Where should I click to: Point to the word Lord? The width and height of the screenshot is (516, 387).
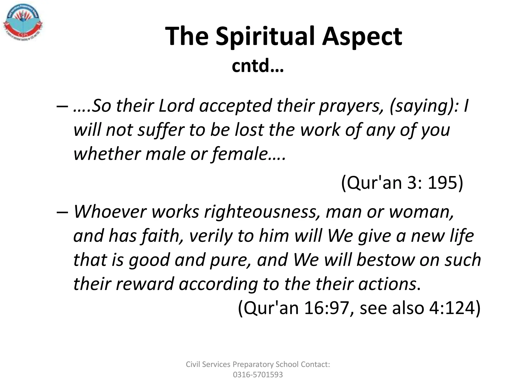[x=176, y=106]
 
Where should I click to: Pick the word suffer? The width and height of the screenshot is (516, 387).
[x=162, y=130]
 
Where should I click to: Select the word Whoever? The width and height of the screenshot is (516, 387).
[x=110, y=212]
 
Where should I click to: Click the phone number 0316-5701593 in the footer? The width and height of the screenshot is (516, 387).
[x=258, y=375]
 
